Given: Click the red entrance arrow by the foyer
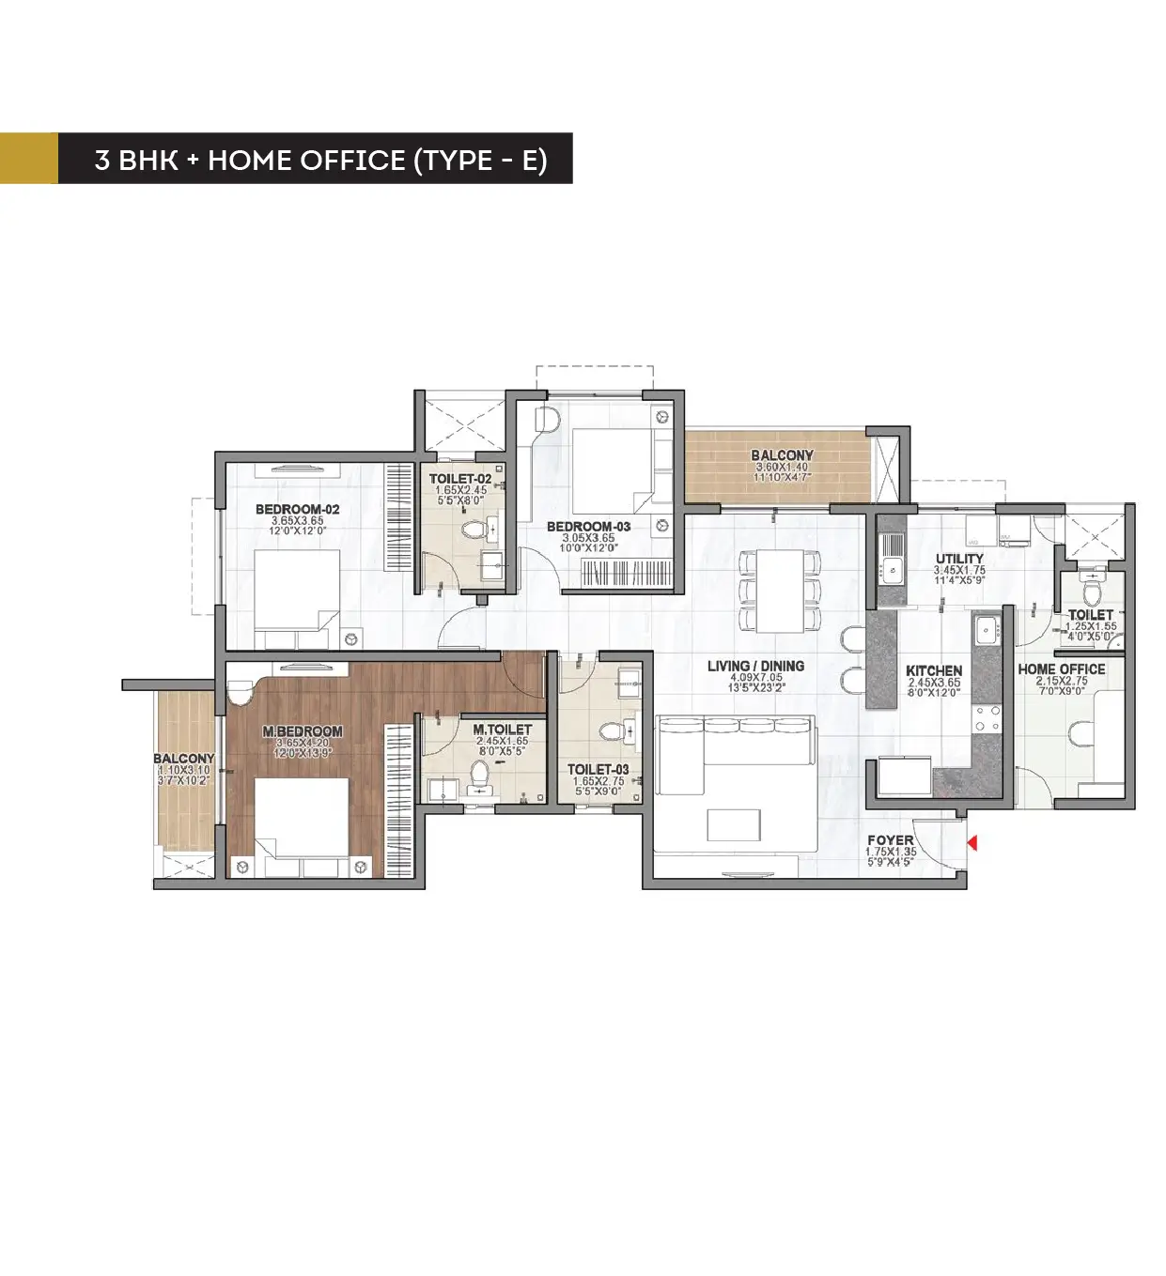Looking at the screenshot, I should [972, 843].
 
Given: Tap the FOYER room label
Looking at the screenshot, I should [890, 840].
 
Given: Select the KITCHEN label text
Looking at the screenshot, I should [934, 670].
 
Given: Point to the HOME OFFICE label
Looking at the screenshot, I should [1062, 669].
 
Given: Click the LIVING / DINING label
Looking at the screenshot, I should [755, 666].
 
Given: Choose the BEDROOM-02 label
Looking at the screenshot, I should [297, 510].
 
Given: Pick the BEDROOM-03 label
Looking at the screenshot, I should [588, 527].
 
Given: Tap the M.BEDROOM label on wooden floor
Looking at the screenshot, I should [302, 731].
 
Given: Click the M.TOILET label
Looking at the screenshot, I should [502, 730].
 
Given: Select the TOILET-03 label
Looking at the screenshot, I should [598, 770].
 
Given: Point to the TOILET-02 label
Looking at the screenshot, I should [460, 479].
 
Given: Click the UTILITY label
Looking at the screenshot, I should [959, 559].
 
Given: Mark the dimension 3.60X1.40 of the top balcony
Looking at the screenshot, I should [782, 467].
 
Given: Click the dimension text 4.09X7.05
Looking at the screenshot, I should [755, 677].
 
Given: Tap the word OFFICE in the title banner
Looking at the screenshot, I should [352, 160].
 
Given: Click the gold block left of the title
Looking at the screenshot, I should [28, 158].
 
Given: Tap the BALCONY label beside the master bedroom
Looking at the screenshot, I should [183, 759].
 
